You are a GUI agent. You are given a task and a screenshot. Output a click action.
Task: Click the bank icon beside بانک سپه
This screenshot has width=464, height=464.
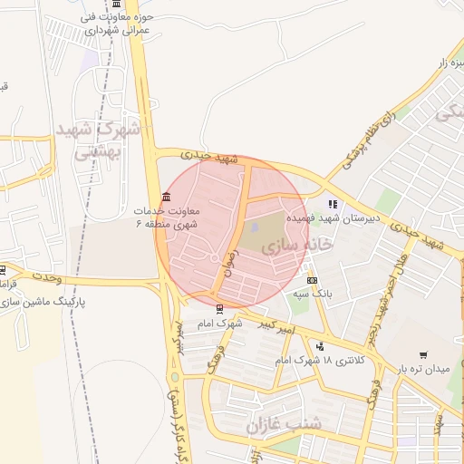[312, 281]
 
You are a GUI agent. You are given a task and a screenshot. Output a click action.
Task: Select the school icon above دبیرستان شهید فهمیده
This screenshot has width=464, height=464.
[333, 205]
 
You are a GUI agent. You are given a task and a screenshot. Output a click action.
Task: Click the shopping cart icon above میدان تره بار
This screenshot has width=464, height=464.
[423, 354]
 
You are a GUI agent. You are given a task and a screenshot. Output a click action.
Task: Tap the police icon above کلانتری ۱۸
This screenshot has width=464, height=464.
[320, 346]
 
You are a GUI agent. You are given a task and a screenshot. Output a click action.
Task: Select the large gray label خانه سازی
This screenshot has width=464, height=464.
[297, 245]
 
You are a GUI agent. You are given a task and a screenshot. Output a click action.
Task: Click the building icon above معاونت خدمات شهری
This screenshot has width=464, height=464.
[164, 197]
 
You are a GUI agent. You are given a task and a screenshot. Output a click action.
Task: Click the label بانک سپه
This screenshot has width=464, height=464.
[308, 295]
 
